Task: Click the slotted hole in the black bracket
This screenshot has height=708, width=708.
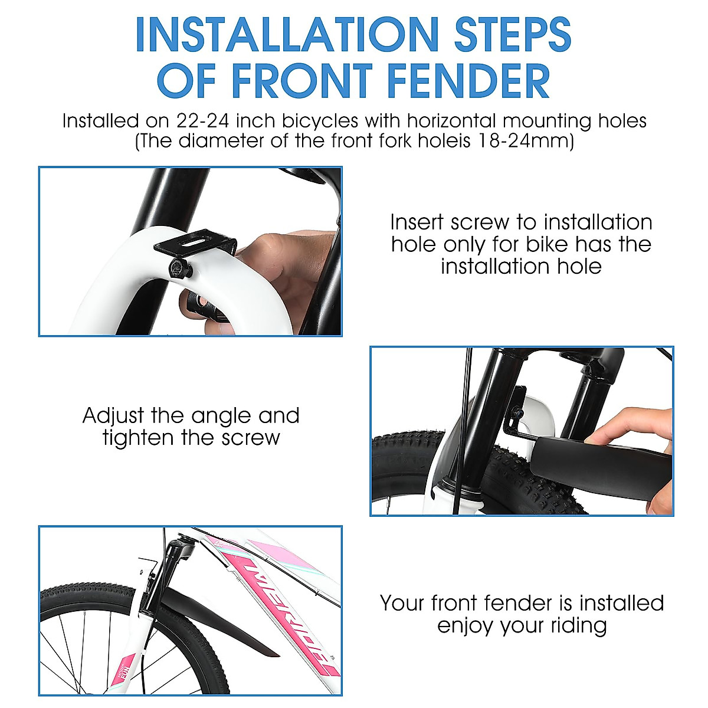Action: [x=195, y=241]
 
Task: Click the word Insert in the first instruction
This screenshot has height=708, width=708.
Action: [x=417, y=223]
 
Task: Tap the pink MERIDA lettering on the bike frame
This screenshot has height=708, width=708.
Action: [x=283, y=614]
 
